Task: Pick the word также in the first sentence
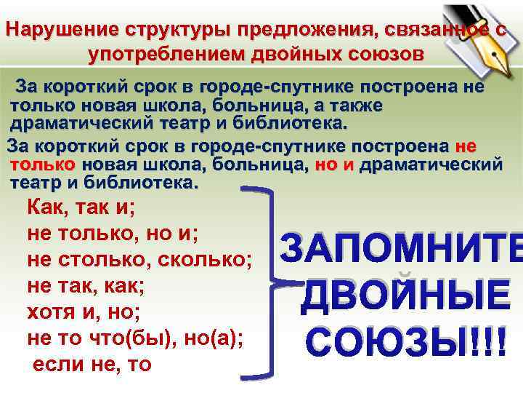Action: point(356,106)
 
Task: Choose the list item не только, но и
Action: point(113,233)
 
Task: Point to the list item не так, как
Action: point(86,285)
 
